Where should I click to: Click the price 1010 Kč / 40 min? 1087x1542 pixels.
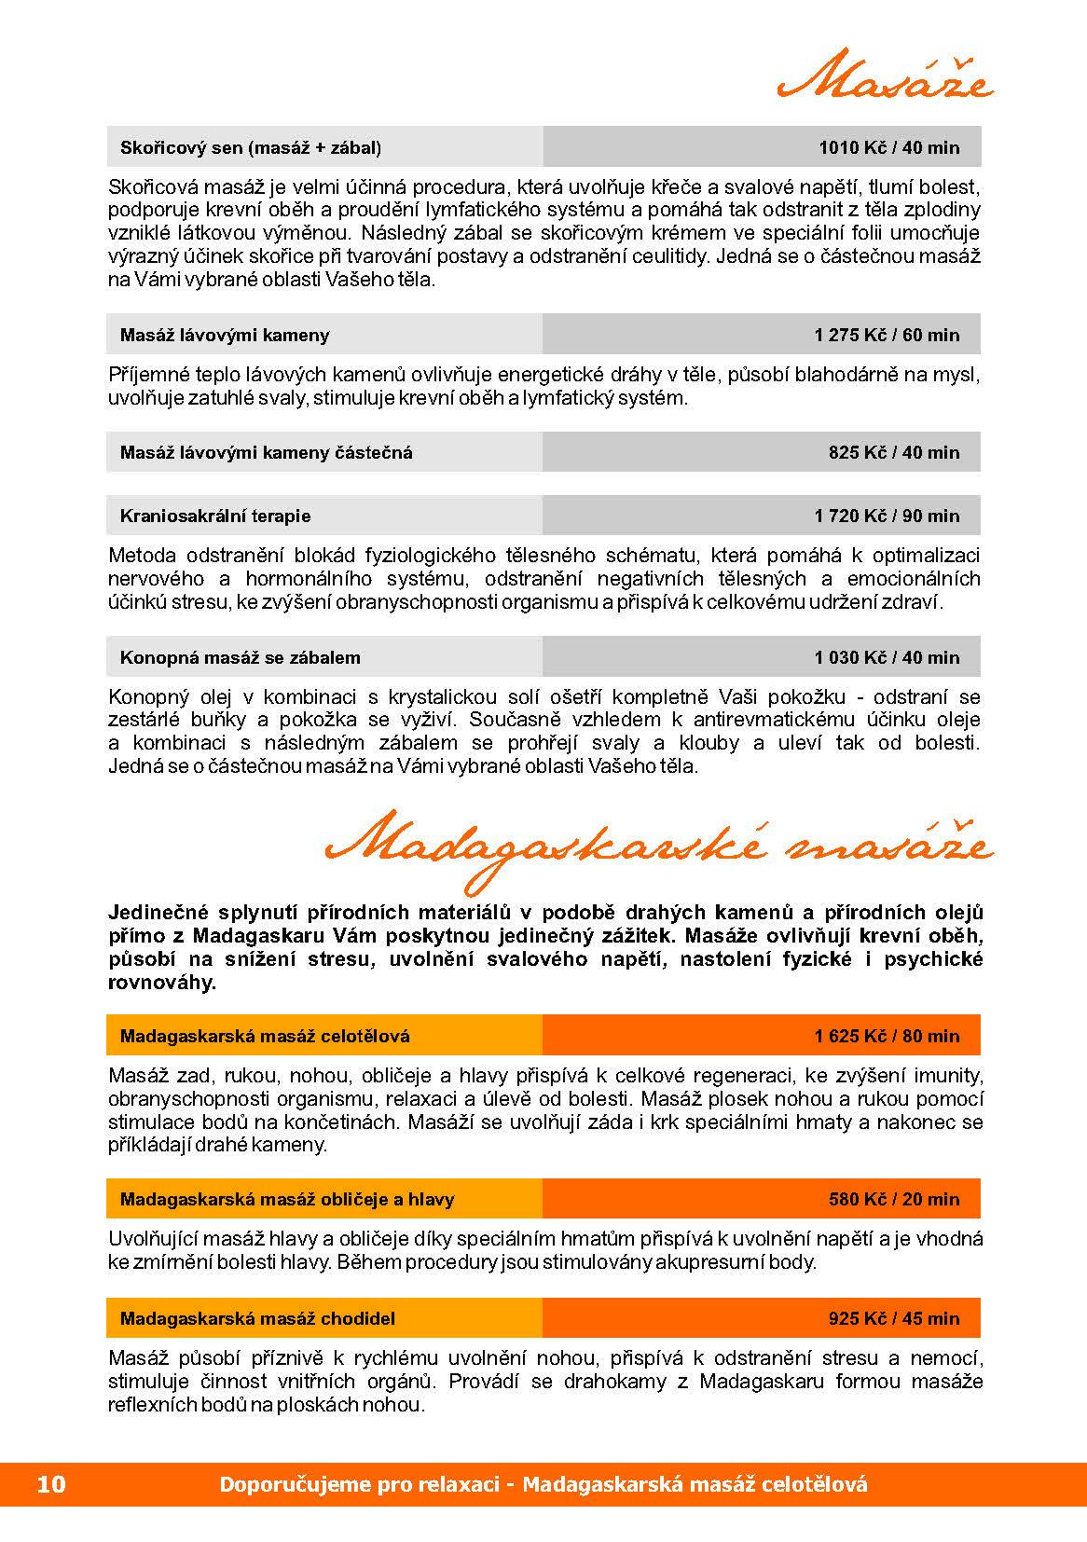pyautogui.click(x=888, y=147)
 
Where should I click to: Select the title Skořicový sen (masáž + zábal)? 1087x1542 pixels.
pyautogui.click(x=251, y=147)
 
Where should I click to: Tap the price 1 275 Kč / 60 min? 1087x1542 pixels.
pyautogui.click(x=887, y=335)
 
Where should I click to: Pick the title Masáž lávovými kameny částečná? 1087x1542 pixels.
pyautogui.click(x=267, y=453)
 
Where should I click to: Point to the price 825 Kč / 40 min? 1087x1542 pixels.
pyautogui.click(x=893, y=453)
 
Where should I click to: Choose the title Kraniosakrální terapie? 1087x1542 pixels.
pyautogui.click(x=215, y=516)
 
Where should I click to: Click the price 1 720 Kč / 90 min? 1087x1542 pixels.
pyautogui.click(x=887, y=516)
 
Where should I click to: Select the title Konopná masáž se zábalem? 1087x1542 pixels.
pyautogui.click(x=241, y=657)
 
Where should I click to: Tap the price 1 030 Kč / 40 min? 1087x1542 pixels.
pyautogui.click(x=887, y=657)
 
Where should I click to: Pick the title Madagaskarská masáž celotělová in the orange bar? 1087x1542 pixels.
pyautogui.click(x=265, y=1036)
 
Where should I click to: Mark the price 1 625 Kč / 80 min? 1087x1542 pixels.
pyautogui.click(x=887, y=1036)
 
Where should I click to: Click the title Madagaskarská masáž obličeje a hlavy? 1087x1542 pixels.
pyautogui.click(x=287, y=1199)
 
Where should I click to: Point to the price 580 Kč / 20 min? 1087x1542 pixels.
pyautogui.click(x=893, y=1199)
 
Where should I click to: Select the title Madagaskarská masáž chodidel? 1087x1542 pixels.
pyautogui.click(x=257, y=1318)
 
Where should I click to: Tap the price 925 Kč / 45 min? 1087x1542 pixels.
pyautogui.click(x=893, y=1318)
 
